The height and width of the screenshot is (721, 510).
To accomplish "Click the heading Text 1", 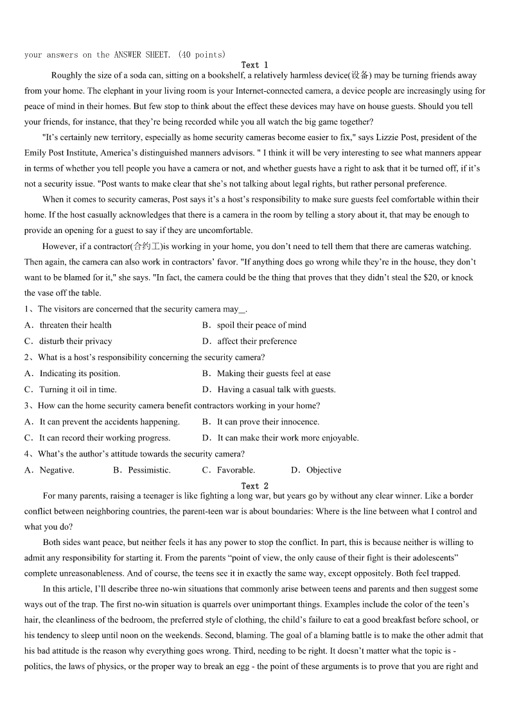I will pos(254,65).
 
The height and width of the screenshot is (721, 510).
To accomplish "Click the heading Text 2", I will pos(254,486).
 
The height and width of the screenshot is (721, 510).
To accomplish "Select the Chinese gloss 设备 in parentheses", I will pos(360,76).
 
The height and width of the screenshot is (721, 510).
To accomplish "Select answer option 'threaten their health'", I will pos(75,326).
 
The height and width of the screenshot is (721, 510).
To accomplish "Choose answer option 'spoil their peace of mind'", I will pos(261,326).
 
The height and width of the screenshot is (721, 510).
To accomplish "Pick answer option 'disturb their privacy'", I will pos(75,342).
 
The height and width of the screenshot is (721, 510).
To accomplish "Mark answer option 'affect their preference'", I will pos(257,342).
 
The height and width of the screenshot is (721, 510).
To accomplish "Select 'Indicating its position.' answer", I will pos(80,374).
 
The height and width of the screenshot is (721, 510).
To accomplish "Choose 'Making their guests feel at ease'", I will pos(274,374).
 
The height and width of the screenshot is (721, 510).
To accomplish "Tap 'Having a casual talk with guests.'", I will pos(276,390).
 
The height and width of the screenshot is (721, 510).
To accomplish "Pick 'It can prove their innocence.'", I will pos(268,422).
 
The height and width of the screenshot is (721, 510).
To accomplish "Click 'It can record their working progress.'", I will pos(105,438).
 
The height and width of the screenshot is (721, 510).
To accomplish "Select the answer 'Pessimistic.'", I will pos(149,471).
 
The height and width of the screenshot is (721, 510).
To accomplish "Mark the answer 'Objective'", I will pos(324,471).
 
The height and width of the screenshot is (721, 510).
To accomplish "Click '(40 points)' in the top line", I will pos(202,55).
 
